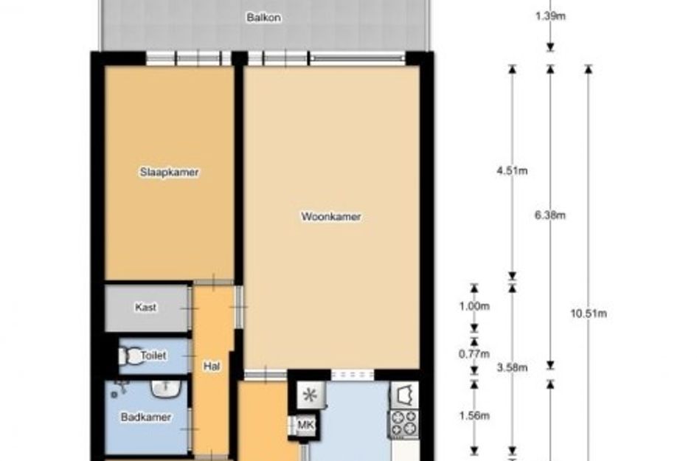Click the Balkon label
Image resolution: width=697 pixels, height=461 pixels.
coord(263,18)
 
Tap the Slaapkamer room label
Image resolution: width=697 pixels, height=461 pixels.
coord(170,172)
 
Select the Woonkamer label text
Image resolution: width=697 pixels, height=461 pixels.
coord(331,217)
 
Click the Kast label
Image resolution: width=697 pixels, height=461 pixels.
coord(146,307)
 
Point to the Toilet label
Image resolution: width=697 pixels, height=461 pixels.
coord(153,356)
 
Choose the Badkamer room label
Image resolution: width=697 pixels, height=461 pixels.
coord(146,417)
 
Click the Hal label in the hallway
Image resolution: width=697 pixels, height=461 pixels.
coord(212,367)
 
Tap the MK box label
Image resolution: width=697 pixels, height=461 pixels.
coord(305,425)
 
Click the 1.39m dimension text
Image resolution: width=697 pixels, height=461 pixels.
coord(550,16)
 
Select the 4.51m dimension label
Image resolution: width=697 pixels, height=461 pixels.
coord(512,170)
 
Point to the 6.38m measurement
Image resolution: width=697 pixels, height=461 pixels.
coord(550,215)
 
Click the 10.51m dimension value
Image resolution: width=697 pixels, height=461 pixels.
coord(589,313)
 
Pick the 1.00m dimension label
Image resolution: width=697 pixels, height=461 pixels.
coord(474,306)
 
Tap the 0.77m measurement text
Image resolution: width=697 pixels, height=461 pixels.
coord(474,354)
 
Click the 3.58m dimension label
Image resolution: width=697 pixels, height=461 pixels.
coord(512,367)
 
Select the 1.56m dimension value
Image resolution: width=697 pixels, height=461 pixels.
coord(474,416)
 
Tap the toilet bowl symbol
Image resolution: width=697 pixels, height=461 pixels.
coord(129,356)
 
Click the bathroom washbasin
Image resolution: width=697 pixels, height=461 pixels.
coord(165,388)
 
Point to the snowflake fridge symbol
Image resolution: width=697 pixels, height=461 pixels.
coord(311,395)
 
